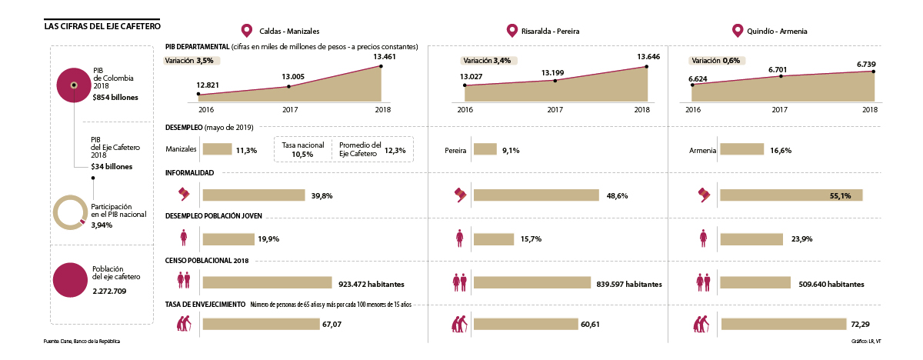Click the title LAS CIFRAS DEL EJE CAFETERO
(x=102, y=26)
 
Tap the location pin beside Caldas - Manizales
(x=247, y=31)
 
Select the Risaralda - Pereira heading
(x=550, y=32)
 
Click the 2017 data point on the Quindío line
(x=781, y=76)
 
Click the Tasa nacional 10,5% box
(x=302, y=149)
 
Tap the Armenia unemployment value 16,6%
(x=781, y=150)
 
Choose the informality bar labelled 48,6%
(x=536, y=195)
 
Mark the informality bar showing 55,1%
(x=791, y=195)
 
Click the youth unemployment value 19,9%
(x=268, y=239)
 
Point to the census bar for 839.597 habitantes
(x=532, y=283)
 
